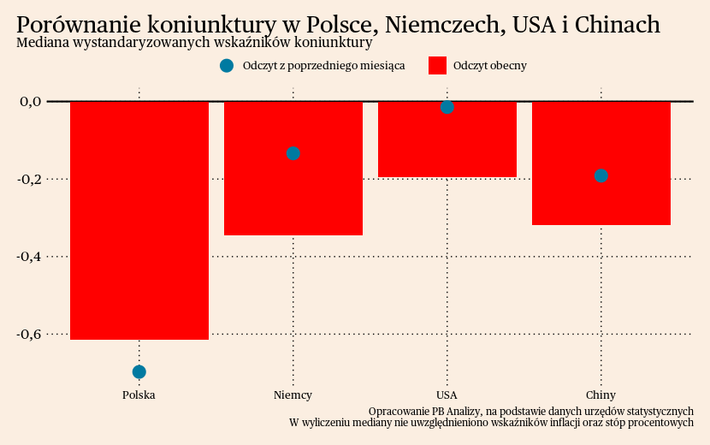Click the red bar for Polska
(139, 220)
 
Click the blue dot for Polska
(139, 371)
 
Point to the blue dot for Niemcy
(293, 153)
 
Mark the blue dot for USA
(447, 107)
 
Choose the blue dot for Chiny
(601, 175)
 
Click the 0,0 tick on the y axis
(31, 102)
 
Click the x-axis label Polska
(139, 395)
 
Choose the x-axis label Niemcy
(293, 395)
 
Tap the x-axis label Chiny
(601, 395)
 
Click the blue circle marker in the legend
(227, 66)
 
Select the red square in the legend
(437, 66)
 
